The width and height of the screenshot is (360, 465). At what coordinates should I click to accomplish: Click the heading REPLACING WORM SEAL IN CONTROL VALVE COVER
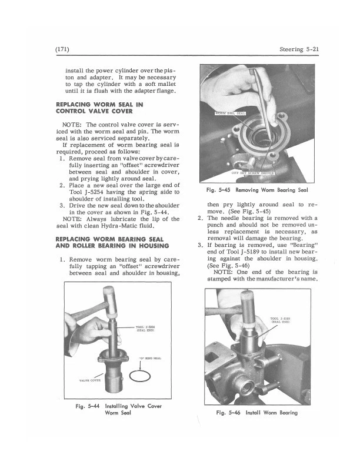pyautogui.click(x=102, y=108)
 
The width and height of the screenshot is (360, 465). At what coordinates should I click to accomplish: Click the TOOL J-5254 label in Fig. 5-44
pyautogui.click(x=145, y=328)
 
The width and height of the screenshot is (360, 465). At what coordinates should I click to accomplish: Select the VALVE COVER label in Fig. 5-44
pyautogui.click(x=81, y=382)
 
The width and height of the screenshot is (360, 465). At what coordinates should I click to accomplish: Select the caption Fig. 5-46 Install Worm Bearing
pyautogui.click(x=258, y=412)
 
